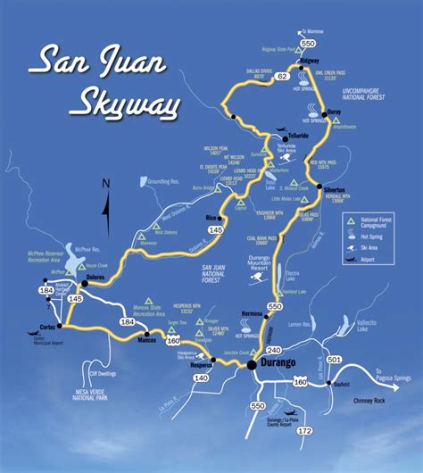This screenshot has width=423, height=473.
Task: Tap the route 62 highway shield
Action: pyautogui.click(x=282, y=78)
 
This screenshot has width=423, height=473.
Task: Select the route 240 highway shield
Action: pyautogui.click(x=273, y=350)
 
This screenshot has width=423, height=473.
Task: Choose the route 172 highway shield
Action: pyautogui.click(x=305, y=431)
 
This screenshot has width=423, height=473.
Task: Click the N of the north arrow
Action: pyautogui.click(x=105, y=185)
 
